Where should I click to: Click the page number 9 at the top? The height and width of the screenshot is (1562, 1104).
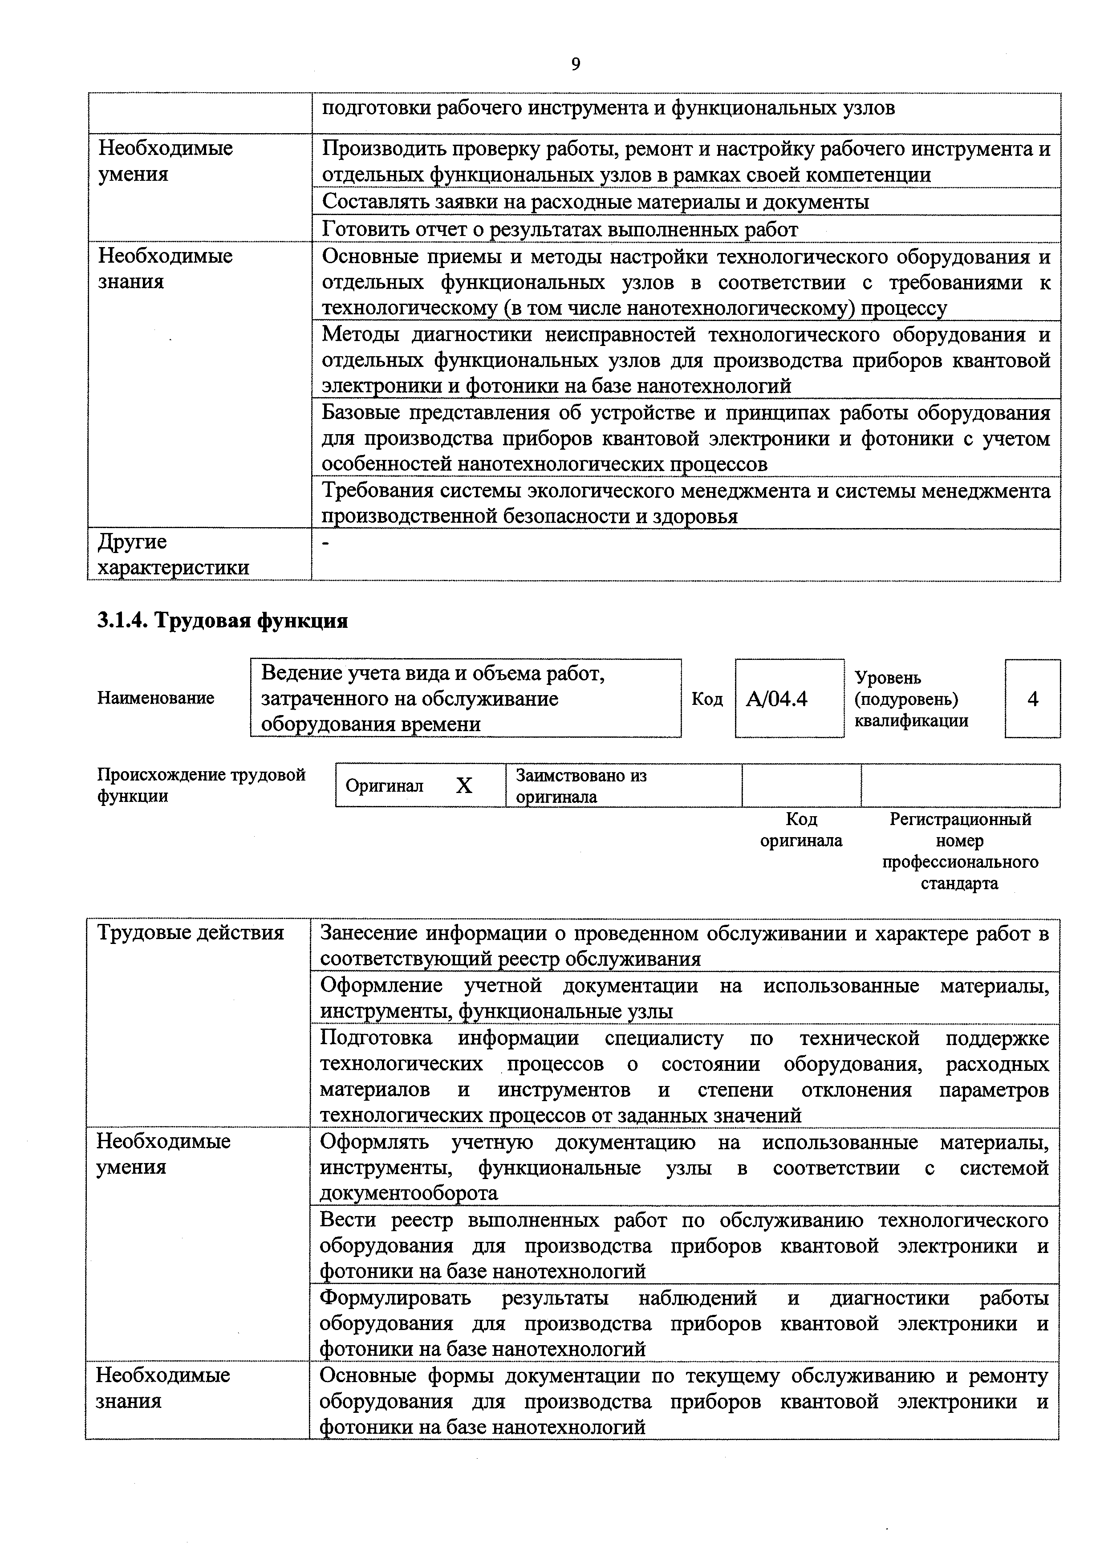(x=576, y=64)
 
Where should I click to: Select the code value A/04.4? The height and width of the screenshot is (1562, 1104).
(x=777, y=699)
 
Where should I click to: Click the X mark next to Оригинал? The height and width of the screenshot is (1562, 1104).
(x=463, y=786)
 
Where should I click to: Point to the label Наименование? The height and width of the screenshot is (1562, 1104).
(x=156, y=698)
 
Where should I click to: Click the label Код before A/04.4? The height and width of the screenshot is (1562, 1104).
(x=707, y=699)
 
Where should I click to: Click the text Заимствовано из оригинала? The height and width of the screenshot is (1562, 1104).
(x=581, y=786)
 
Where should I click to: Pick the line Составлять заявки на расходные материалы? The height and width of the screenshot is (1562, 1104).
(x=595, y=202)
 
